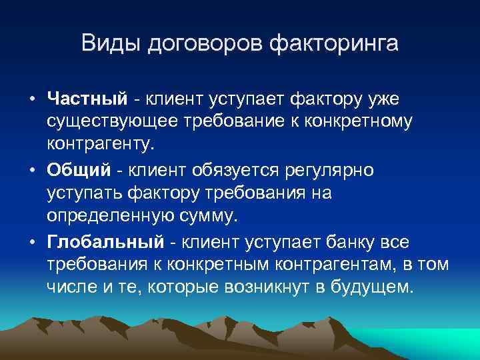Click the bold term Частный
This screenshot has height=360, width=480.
(x=87, y=99)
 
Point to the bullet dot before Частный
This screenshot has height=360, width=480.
(x=32, y=100)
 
